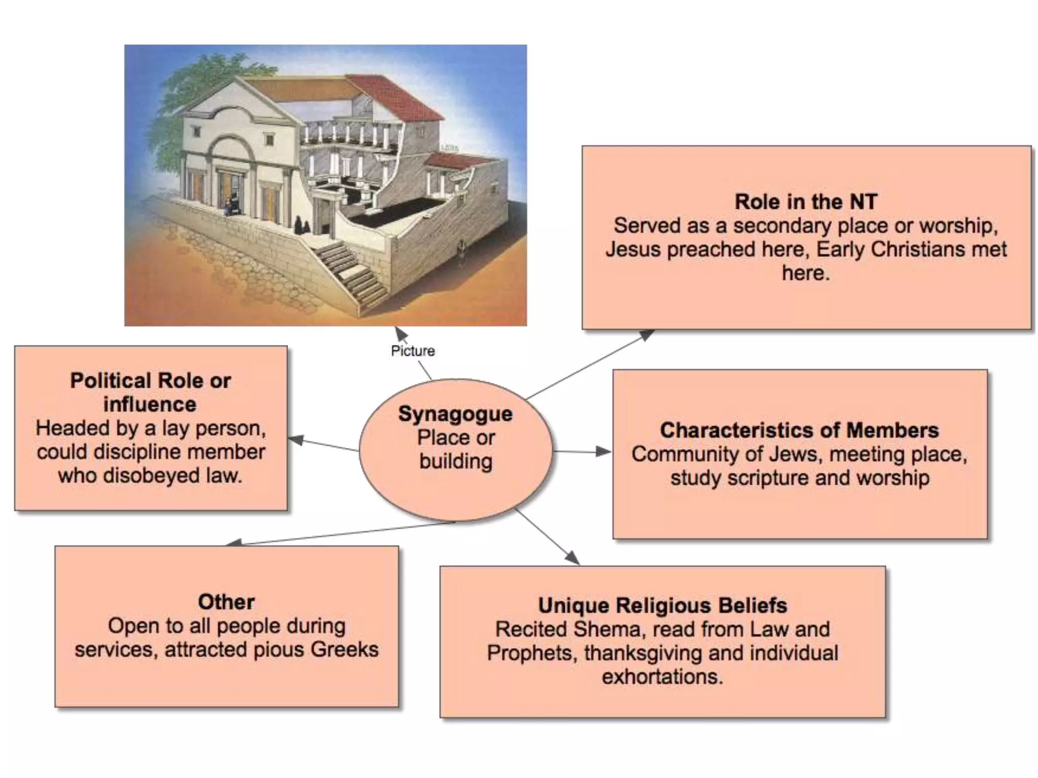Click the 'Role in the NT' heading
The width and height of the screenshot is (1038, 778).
(806, 202)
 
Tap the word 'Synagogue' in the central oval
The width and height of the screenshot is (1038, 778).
(455, 414)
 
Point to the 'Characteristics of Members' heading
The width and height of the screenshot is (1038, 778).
(799, 430)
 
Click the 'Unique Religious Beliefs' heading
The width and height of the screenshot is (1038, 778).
(662, 605)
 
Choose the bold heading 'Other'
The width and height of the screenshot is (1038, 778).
(226, 602)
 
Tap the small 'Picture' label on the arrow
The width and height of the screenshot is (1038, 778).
(413, 351)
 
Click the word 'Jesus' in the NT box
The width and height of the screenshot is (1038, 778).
(634, 249)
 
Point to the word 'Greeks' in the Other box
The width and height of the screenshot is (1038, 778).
(345, 649)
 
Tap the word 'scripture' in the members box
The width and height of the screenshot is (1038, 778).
(768, 478)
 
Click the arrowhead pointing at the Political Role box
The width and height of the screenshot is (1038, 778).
(295, 440)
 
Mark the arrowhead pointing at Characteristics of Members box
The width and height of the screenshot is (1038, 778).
(604, 451)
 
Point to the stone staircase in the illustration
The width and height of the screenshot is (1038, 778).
(355, 274)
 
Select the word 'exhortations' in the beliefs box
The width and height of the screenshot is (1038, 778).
(662, 677)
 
